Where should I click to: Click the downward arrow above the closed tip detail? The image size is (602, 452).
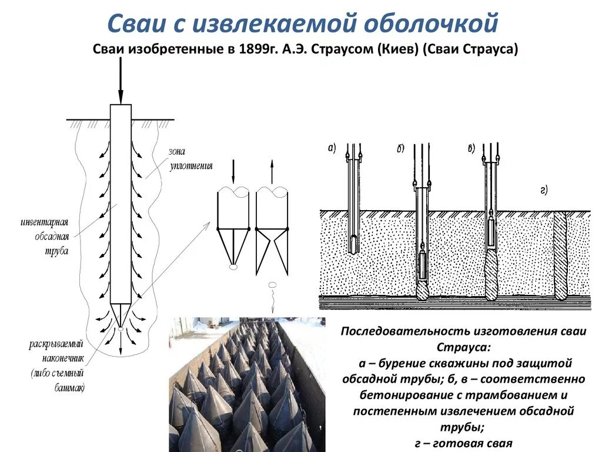(234, 171)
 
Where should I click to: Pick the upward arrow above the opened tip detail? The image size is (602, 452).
(272, 171)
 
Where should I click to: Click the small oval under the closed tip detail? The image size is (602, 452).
(234, 267)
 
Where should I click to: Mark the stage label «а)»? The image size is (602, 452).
(332, 148)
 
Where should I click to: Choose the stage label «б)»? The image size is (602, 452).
(400, 148)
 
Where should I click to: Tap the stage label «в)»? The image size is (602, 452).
(471, 148)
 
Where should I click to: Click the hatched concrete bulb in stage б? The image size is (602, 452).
(423, 290)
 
